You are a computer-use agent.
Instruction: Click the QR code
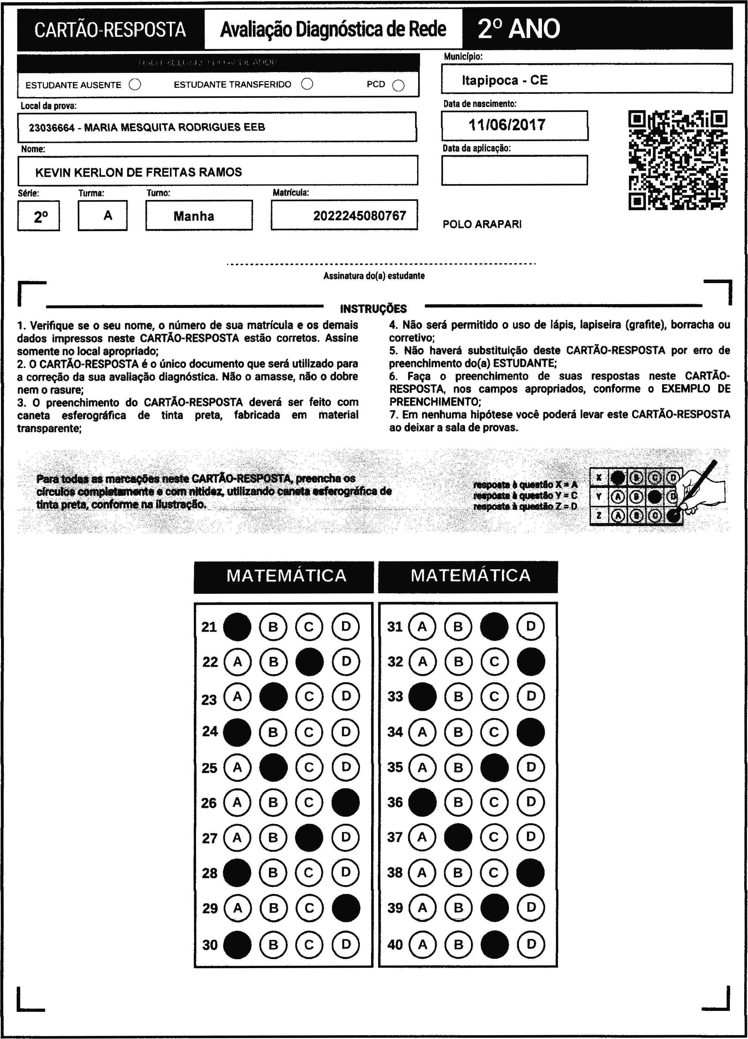click(x=678, y=160)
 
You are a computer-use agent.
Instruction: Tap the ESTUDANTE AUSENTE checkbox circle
click(x=135, y=85)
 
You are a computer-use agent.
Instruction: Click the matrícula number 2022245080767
click(x=360, y=216)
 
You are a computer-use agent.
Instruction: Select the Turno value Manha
click(x=194, y=216)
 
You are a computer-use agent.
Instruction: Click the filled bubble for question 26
click(x=345, y=802)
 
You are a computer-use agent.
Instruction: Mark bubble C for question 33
click(x=494, y=696)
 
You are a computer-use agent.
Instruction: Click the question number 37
click(x=395, y=837)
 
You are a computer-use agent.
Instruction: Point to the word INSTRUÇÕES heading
click(x=373, y=309)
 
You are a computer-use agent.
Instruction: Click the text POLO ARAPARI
click(x=482, y=225)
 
